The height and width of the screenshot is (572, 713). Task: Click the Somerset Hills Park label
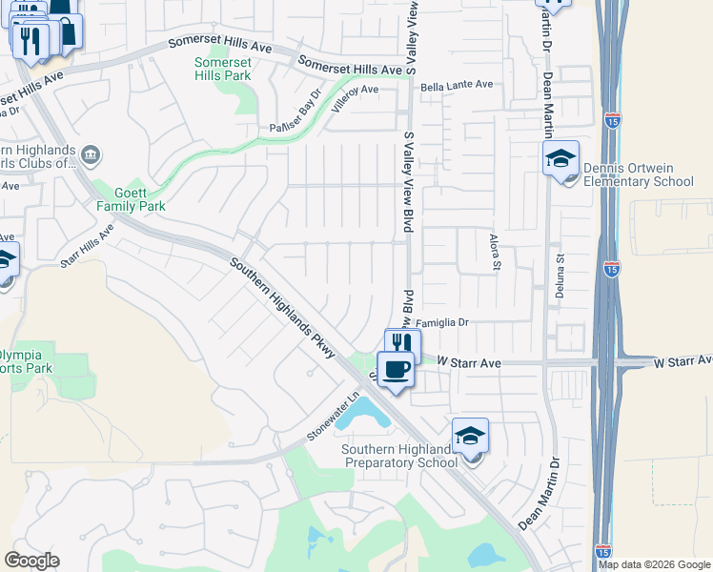pos(222,69)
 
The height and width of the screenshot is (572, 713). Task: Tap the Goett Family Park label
pos(132,199)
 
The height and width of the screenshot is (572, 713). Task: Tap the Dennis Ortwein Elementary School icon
pos(561,159)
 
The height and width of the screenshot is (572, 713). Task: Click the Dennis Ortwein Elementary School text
pos(639,175)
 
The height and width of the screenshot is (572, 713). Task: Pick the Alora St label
pos(494,253)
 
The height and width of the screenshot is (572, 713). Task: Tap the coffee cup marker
pos(397,369)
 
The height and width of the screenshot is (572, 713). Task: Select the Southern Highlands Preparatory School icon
pos(470,436)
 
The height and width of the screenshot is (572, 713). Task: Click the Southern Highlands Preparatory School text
pos(397,457)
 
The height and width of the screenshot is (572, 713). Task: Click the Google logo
pos(32,561)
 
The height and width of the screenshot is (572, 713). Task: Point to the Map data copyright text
pos(653,564)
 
